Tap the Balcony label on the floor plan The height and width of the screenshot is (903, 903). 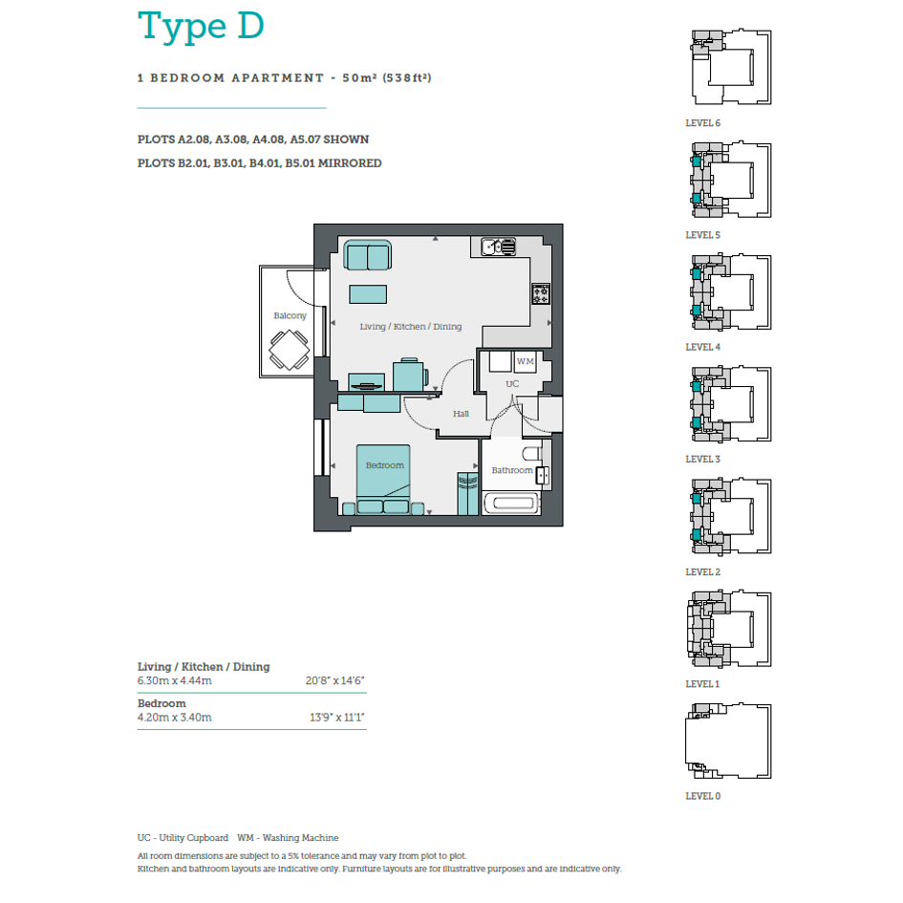point(290,315)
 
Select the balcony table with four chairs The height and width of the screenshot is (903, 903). point(290,350)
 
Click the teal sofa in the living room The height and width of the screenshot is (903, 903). point(368,255)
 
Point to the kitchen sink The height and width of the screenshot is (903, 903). point(499,247)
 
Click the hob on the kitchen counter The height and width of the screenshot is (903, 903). point(541,293)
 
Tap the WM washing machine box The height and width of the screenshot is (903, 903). point(525,361)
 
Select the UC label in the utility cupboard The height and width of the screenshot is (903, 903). point(512,383)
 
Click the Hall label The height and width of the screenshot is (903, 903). point(461,414)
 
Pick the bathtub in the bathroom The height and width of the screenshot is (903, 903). point(511,503)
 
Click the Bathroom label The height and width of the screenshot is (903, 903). point(512,470)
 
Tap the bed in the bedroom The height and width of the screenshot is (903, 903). point(383,479)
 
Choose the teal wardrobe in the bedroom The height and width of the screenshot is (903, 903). point(467,493)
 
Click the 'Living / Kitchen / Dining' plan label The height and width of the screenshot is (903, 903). point(411,327)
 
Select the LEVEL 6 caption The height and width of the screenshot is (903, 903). point(702,123)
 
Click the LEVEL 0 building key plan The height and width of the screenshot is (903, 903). point(728,741)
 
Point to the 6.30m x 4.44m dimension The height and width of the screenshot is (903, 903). point(175,680)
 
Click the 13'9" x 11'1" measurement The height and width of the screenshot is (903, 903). point(337,718)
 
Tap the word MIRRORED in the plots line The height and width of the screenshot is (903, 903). point(350,163)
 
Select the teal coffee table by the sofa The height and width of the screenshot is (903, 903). point(368,294)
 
